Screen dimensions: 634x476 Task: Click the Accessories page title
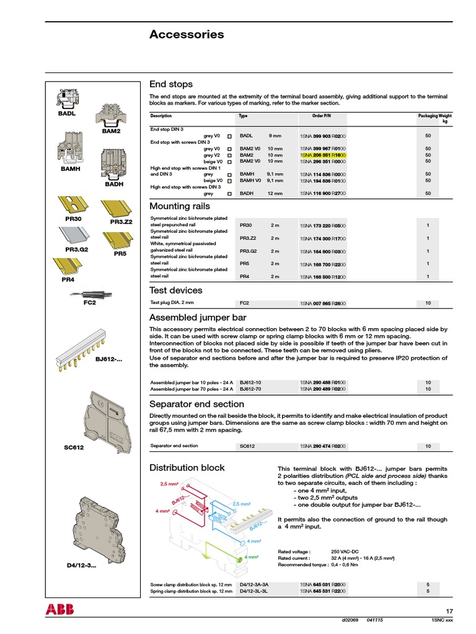tap(187, 35)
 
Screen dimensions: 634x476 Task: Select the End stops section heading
tap(171, 84)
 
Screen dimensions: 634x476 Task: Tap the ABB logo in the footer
tap(59, 609)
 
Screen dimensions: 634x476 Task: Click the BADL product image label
tap(58, 114)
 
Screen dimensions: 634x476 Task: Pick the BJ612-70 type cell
tap(250, 389)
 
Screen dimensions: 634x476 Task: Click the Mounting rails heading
tap(180, 206)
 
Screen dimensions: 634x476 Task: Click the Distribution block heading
tap(187, 467)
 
